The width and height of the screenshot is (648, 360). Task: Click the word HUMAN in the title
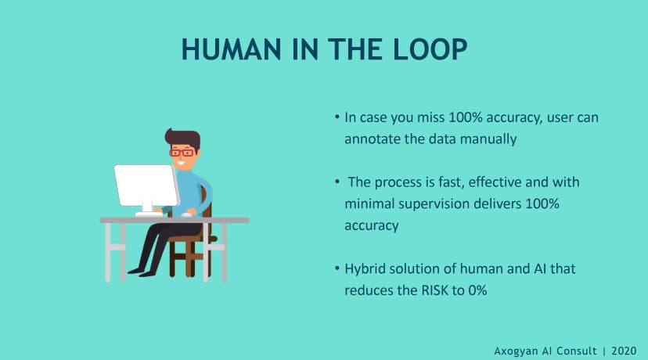[x=232, y=49]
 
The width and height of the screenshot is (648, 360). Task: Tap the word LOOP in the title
[x=430, y=49]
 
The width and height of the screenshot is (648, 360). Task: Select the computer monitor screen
[x=146, y=185]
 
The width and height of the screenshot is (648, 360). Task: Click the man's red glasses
[x=182, y=152]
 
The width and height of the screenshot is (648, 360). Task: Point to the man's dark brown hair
[x=183, y=138]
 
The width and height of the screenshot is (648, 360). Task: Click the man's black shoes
[x=142, y=272]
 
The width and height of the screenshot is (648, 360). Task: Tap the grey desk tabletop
[x=175, y=220]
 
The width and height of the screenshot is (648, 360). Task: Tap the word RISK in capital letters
[x=435, y=290]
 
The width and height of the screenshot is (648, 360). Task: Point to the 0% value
[x=477, y=290]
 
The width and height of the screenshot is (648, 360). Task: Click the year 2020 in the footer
[x=624, y=351]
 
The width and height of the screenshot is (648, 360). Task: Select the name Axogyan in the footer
[x=515, y=351]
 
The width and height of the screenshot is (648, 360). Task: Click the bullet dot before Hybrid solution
[x=337, y=268]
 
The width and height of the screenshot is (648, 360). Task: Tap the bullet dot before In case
[x=337, y=117]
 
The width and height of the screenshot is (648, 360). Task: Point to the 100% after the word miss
[x=466, y=117]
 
